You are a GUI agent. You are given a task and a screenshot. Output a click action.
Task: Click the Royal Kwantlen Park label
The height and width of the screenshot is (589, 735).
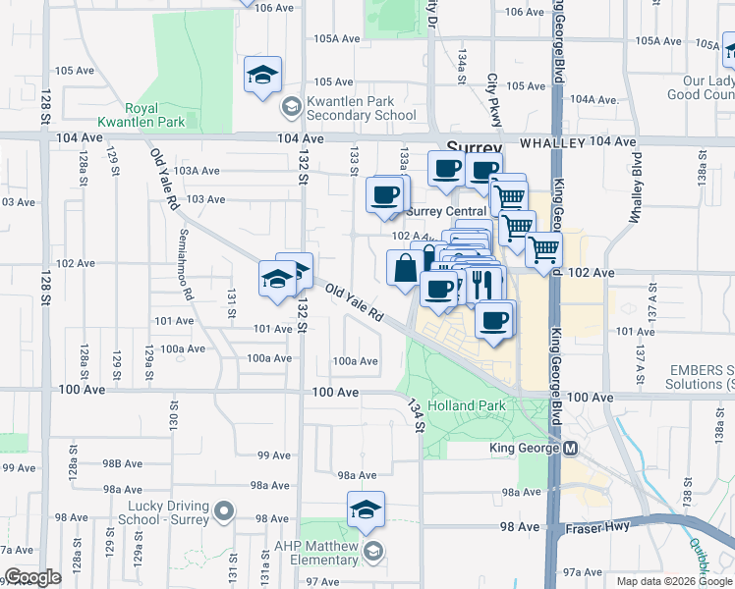pos(154,116)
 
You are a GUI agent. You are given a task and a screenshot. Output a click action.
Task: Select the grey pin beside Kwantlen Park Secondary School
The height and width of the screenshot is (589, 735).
pos(291,106)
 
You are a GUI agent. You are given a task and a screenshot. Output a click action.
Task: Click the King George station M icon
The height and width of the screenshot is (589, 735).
pos(571,449)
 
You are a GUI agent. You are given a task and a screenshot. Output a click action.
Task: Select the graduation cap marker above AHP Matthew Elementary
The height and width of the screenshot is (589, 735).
pos(366,510)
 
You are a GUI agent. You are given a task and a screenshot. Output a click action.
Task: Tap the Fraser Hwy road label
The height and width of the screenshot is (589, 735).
pos(598,527)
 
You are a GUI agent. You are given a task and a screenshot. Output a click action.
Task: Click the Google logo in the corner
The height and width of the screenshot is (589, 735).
pos(31,578)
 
